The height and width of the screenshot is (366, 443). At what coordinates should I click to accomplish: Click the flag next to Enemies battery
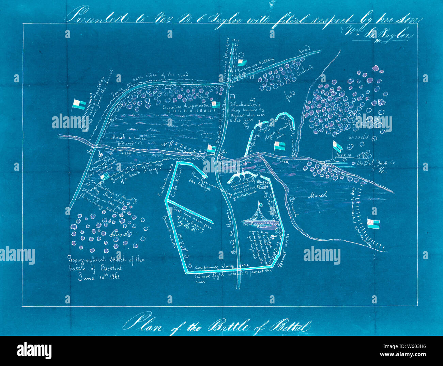(243, 63)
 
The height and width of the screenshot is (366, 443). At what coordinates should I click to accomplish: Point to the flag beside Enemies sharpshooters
(216, 104)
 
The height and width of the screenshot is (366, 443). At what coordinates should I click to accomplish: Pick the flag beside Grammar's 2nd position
(373, 223)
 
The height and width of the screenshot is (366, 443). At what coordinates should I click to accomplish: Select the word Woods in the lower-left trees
(120, 234)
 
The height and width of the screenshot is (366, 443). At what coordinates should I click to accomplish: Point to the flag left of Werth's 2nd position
(79, 104)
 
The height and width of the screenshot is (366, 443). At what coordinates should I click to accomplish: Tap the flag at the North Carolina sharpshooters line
(212, 148)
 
